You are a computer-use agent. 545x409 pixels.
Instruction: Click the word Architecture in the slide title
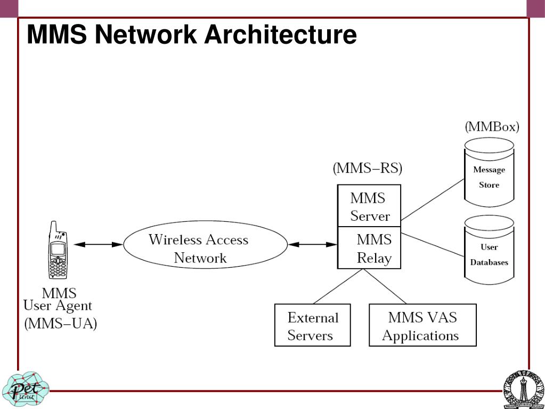pyautogui.click(x=281, y=35)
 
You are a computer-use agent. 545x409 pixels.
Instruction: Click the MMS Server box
pyautogui.click(x=369, y=206)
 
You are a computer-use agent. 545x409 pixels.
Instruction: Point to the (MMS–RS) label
pyautogui.click(x=368, y=169)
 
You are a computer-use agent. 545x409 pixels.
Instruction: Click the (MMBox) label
pyautogui.click(x=492, y=127)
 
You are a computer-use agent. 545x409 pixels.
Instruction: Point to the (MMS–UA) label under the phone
pyautogui.click(x=61, y=324)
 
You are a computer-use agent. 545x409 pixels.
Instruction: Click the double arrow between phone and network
pyautogui.click(x=98, y=244)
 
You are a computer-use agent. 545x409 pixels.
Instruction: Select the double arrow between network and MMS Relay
pyautogui.click(x=312, y=244)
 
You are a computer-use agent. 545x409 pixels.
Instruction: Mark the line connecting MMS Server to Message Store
pyautogui.click(x=433, y=199)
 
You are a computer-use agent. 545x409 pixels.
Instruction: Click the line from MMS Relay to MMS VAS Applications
pyautogui.click(x=385, y=286)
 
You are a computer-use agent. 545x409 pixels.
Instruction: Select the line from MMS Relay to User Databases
pyautogui.click(x=433, y=244)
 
